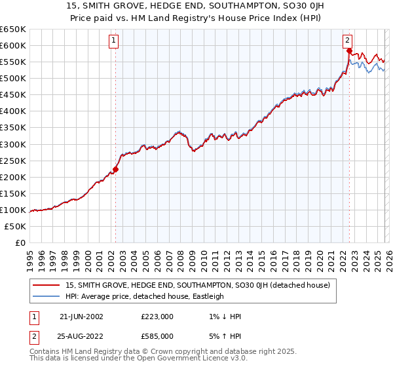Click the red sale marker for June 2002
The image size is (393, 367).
115,169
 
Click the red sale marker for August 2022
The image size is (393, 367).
349,50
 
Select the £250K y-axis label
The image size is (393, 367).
13,161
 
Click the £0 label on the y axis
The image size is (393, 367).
20,242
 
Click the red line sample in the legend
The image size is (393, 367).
47,285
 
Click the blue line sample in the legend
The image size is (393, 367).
47,296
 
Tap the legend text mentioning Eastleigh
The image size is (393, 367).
145,296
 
